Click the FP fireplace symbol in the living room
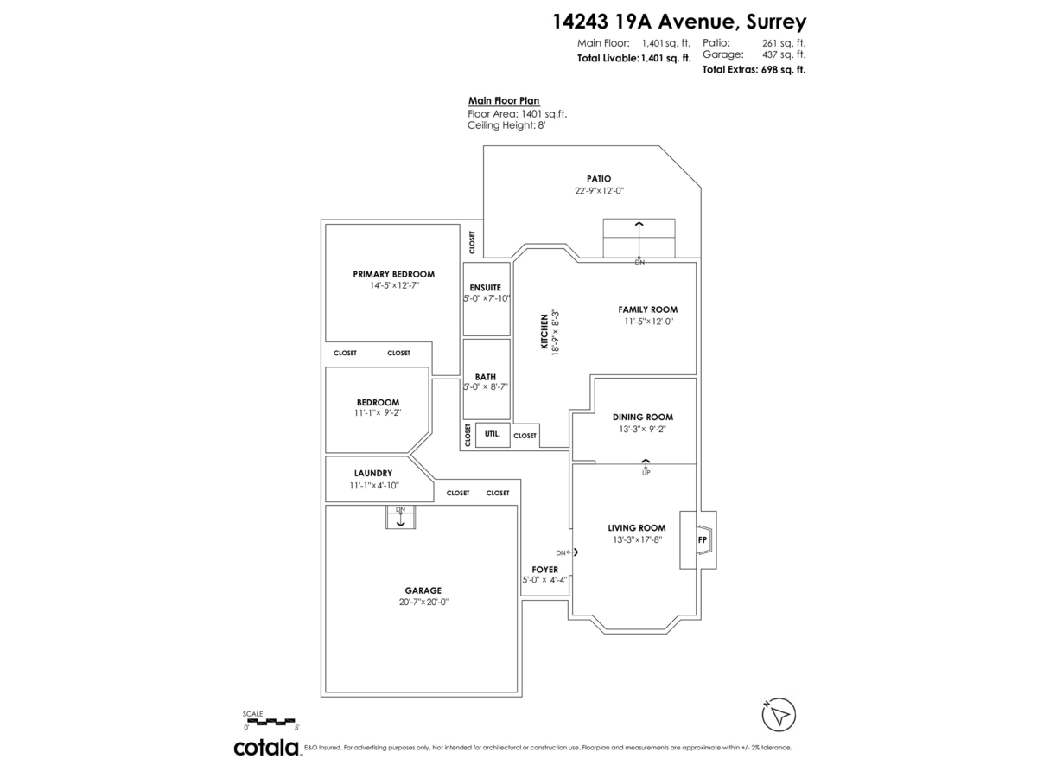pyautogui.click(x=703, y=539)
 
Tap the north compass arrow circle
pyautogui.click(x=779, y=715)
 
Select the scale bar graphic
pyautogui.click(x=269, y=721)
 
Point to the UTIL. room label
pyautogui.click(x=492, y=434)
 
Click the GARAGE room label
pyautogui.click(x=423, y=590)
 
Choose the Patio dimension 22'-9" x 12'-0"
pyautogui.click(x=599, y=191)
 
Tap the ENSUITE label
pyautogui.click(x=485, y=288)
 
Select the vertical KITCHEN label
pyautogui.click(x=544, y=332)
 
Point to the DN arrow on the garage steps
pyautogui.click(x=400, y=518)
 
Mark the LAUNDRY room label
pyautogui.click(x=373, y=474)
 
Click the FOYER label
pyautogui.click(x=544, y=570)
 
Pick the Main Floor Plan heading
pyautogui.click(x=504, y=100)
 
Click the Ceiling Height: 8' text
pyautogui.click(x=506, y=125)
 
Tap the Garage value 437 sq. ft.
pyautogui.click(x=784, y=54)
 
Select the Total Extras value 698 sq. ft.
pyautogui.click(x=783, y=69)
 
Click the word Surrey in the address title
pyautogui.click(x=776, y=22)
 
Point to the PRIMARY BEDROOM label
pyautogui.click(x=394, y=274)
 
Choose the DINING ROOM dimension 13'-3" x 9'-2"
pyautogui.click(x=643, y=430)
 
